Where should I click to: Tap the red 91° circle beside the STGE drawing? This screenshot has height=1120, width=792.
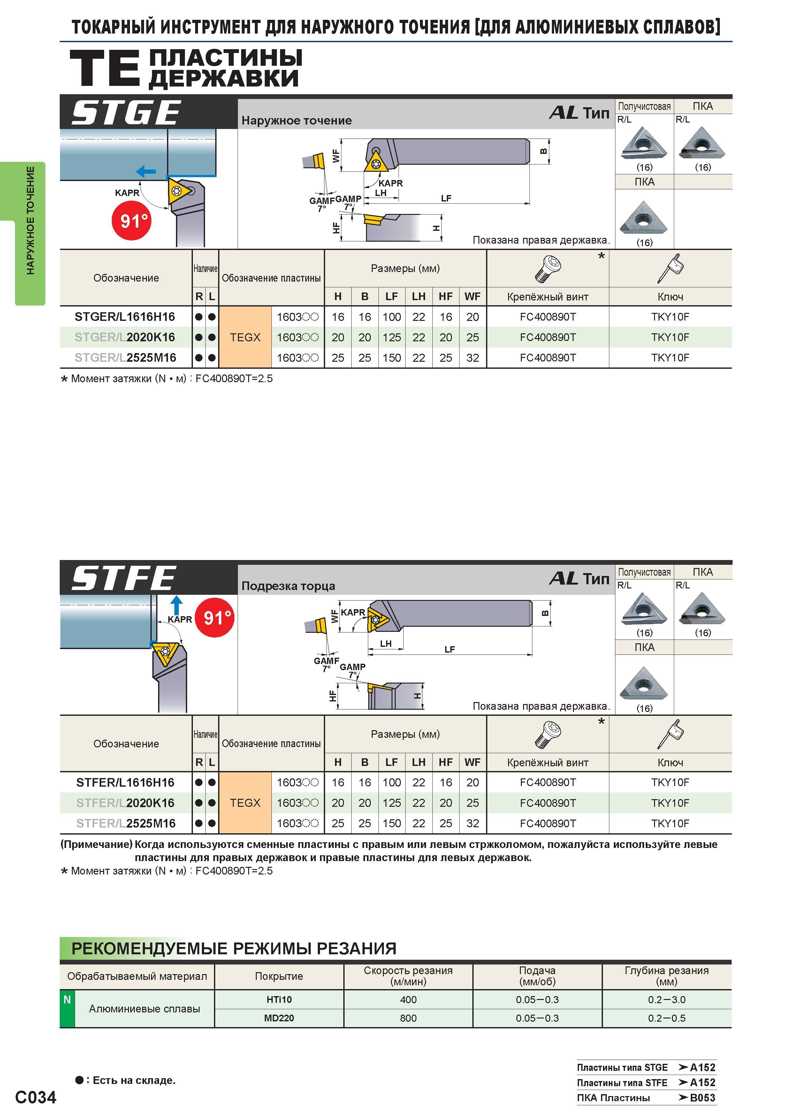132,221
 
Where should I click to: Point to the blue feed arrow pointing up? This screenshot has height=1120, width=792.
177,605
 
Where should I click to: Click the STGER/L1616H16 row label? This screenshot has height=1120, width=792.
125,317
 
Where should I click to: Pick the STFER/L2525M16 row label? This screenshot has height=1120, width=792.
126,823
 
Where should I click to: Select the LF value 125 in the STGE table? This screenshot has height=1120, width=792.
391,337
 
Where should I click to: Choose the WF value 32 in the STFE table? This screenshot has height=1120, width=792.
472,823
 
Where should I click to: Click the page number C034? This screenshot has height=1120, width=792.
36,1097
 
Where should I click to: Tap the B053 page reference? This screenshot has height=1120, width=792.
702,1098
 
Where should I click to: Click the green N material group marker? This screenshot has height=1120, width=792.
67,1009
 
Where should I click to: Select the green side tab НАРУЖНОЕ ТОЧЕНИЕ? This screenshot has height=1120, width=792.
30,233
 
